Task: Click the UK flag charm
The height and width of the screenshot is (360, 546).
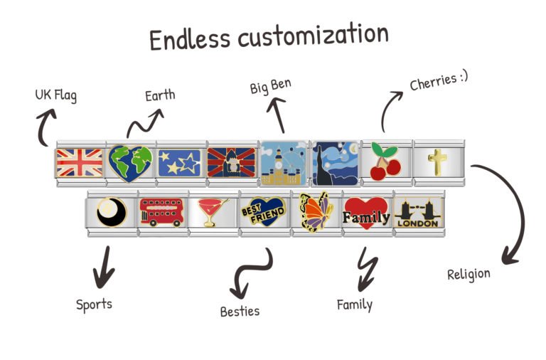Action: click(x=80, y=163)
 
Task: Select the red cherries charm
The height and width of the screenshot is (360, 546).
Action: click(x=385, y=161)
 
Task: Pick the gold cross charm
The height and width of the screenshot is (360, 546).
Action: click(x=437, y=162)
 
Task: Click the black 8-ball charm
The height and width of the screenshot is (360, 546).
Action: click(x=112, y=212)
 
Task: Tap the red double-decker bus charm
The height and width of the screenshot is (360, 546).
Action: click(x=161, y=212)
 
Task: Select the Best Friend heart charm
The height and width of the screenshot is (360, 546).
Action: click(x=263, y=211)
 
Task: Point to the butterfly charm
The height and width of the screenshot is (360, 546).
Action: click(x=315, y=212)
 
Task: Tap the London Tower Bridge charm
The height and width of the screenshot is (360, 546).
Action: click(x=418, y=213)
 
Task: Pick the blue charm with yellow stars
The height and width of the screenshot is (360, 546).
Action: click(x=180, y=163)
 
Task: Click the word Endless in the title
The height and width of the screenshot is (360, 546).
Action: click(x=190, y=39)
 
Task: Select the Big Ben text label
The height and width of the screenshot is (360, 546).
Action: click(x=271, y=86)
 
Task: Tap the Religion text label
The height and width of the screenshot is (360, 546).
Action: click(x=469, y=275)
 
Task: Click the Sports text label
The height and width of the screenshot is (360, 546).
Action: click(x=94, y=305)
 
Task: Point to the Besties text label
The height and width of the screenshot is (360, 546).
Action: click(x=240, y=311)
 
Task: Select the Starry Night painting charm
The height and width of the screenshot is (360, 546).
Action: click(x=335, y=163)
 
